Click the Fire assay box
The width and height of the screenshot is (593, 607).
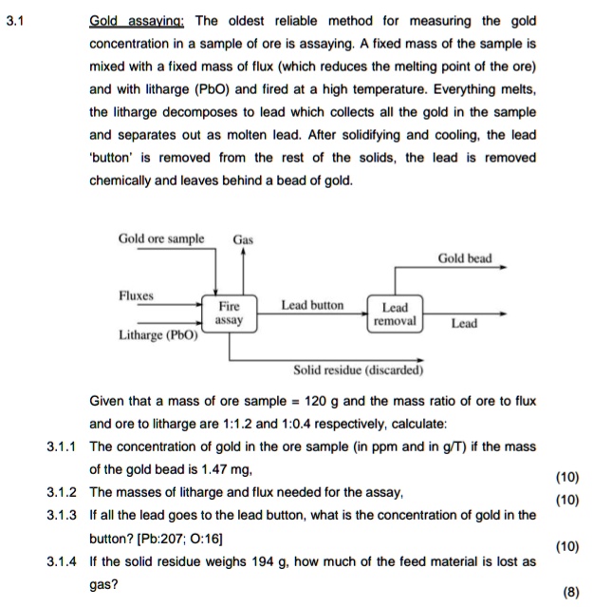(x=230, y=313)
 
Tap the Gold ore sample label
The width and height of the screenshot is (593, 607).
(x=160, y=237)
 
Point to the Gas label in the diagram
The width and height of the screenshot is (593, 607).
(x=244, y=239)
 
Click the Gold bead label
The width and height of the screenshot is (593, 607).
(x=465, y=257)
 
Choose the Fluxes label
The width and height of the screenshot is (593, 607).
(x=136, y=295)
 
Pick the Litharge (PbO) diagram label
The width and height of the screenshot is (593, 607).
(x=158, y=335)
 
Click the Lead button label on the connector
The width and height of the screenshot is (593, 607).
(x=312, y=305)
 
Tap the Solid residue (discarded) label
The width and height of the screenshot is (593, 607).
(x=359, y=370)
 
